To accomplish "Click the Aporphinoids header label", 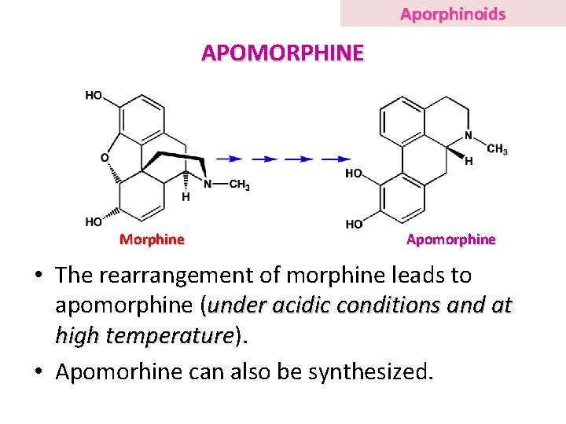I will [x=452, y=14].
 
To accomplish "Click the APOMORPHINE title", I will [x=283, y=53].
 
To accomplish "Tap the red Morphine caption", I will [x=152, y=239].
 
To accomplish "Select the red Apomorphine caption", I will [x=450, y=239].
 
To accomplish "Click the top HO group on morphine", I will [x=94, y=96].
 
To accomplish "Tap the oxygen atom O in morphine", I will [x=105, y=158].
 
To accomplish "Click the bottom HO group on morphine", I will [x=94, y=222].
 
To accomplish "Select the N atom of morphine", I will [x=208, y=185].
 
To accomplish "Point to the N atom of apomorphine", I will [x=469, y=135].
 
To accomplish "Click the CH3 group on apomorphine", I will [x=497, y=149].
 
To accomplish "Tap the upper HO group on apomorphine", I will [x=354, y=174].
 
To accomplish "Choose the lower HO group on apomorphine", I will [x=354, y=224].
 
